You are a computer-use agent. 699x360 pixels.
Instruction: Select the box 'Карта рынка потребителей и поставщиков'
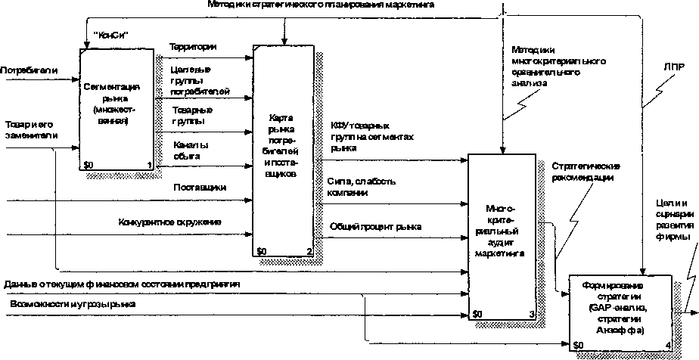[x=283, y=151]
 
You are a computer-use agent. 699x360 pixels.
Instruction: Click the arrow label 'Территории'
[x=194, y=47]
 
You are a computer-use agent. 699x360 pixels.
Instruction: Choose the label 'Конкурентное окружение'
[x=169, y=222]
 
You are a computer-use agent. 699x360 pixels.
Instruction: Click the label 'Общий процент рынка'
[x=375, y=227]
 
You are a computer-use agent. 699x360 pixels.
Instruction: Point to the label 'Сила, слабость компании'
[x=359, y=188]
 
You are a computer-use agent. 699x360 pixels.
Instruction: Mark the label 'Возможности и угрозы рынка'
[x=73, y=303]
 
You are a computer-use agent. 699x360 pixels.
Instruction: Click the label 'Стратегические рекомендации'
[x=586, y=172]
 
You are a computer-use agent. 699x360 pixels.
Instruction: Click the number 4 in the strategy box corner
[x=666, y=345]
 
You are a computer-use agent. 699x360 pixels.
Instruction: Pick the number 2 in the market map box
[x=309, y=251]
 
